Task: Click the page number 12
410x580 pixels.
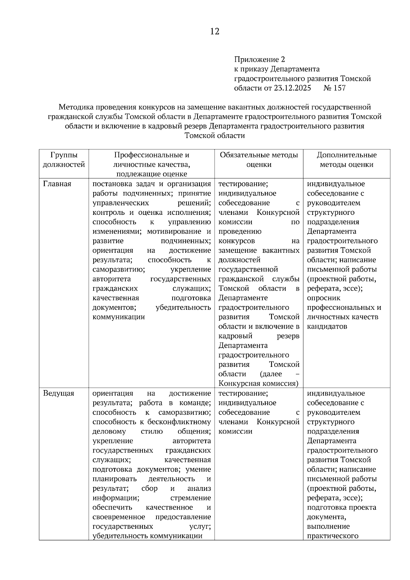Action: click(x=215, y=32)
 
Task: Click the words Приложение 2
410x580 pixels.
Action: click(x=259, y=59)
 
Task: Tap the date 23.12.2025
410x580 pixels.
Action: click(x=292, y=88)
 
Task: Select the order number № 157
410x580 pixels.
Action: click(x=334, y=88)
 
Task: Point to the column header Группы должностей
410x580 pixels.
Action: click(x=64, y=160)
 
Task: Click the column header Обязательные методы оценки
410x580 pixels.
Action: click(x=259, y=160)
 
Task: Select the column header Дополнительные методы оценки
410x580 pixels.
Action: click(x=346, y=160)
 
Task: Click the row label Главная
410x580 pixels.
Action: click(x=57, y=184)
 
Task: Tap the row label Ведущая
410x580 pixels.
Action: click(x=58, y=393)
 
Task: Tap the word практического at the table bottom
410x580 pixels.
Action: click(x=333, y=536)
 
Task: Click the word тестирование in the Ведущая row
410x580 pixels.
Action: click(x=243, y=393)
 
